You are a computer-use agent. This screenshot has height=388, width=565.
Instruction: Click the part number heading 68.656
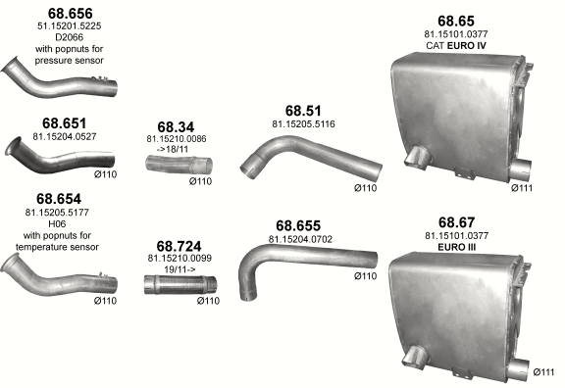coord(71,14)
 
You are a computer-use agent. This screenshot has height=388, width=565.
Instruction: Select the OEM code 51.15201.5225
coord(70,25)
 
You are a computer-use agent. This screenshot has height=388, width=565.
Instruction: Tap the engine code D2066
coord(70,37)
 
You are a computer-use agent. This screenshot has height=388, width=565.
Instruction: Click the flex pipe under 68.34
coord(179,165)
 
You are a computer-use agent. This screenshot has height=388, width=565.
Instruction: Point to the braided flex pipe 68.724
coord(180,285)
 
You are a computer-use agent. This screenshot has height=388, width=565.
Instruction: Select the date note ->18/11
coord(173,149)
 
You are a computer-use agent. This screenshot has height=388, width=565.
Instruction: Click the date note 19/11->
coord(180,269)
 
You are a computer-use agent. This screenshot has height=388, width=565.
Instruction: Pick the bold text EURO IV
coord(467,46)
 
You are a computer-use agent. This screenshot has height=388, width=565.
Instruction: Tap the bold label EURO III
coord(456,247)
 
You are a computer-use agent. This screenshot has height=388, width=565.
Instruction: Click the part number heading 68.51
coord(303,111)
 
